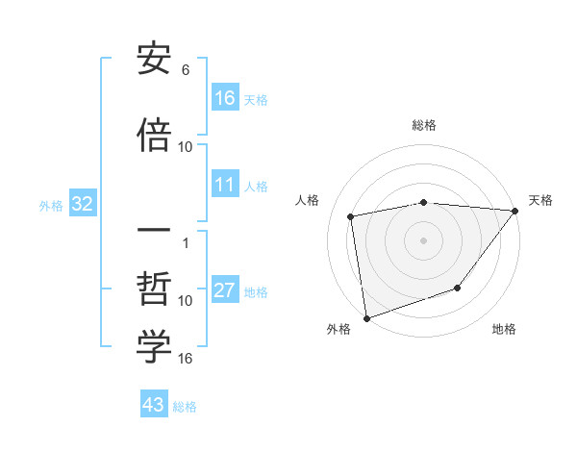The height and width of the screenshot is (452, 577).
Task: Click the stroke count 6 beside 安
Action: coord(186,70)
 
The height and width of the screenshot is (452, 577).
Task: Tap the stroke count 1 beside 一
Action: coord(186,243)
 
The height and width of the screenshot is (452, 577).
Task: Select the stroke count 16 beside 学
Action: coord(186,359)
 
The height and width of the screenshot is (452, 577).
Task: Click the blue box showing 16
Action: coord(225,98)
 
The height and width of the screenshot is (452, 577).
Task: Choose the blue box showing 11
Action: coord(225,185)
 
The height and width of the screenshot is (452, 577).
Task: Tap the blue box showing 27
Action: coord(225,290)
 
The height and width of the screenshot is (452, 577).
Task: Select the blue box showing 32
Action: coord(83,204)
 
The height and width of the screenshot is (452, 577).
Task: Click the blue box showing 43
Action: coord(154,405)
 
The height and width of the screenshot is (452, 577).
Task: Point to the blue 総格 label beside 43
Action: coord(185,407)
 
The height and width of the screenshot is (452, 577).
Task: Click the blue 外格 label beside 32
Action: coord(51,205)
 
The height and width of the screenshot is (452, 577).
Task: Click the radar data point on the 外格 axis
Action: coord(366,317)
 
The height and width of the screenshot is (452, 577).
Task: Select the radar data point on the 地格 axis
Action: coord(459,288)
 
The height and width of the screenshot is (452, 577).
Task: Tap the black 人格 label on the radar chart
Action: coord(308,199)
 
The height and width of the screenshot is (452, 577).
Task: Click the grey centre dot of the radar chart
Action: coord(423,239)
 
